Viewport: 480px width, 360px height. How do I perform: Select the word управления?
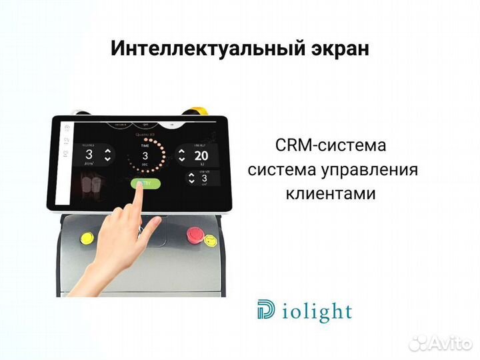tap(371, 170)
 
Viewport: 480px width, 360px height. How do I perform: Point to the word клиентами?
tap(331, 194)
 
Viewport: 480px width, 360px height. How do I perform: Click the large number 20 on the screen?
tap(202, 155)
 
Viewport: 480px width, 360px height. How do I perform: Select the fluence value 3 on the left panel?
tap(89, 155)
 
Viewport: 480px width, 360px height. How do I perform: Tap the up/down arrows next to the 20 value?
tap(181, 155)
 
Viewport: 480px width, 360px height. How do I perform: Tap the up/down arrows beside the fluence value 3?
tap(108, 155)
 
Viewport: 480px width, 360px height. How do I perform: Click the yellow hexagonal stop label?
tap(210, 239)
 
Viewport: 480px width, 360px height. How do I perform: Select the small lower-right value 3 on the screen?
tap(204, 179)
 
